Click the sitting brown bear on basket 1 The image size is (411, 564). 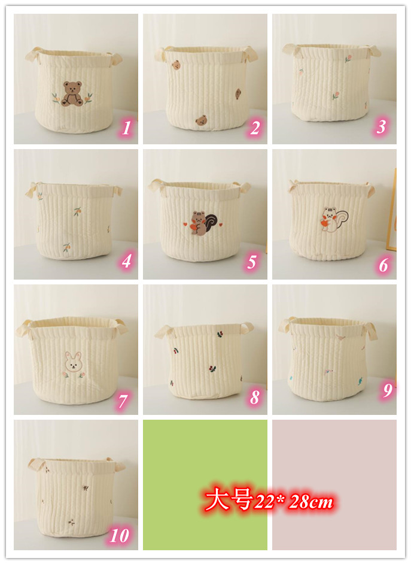pyautogui.click(x=72, y=94)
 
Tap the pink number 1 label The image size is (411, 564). pyautogui.click(x=126, y=128)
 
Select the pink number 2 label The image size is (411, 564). pyautogui.click(x=255, y=128)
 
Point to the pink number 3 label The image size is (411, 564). pyautogui.click(x=381, y=126)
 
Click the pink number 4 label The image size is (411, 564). pyautogui.click(x=126, y=261)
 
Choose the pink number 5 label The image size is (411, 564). pyautogui.click(x=252, y=262)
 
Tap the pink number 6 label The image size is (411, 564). pyautogui.click(x=383, y=265)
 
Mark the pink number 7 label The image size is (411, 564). pyautogui.click(x=123, y=401)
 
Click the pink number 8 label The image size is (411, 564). pyautogui.click(x=255, y=397)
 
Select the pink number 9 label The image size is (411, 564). pyautogui.click(x=387, y=390)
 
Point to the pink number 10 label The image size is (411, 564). pyautogui.click(x=119, y=536)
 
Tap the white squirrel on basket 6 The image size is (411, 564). pyautogui.click(x=334, y=219)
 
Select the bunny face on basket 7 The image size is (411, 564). pyautogui.click(x=74, y=362)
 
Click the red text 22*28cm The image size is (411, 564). pyautogui.click(x=294, y=501)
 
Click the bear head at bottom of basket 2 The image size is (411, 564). pyautogui.click(x=202, y=120)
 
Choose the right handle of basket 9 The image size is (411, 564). pyautogui.click(x=370, y=331)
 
